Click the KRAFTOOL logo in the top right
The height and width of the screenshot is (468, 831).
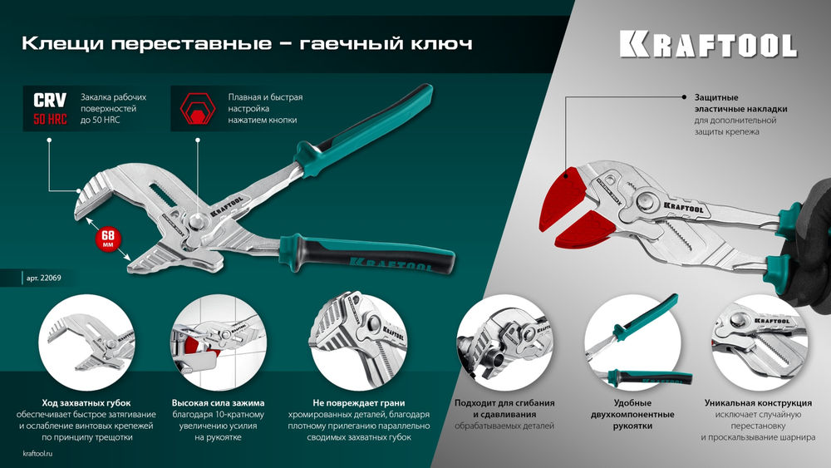point(708,44)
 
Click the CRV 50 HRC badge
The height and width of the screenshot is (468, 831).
point(50,109)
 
